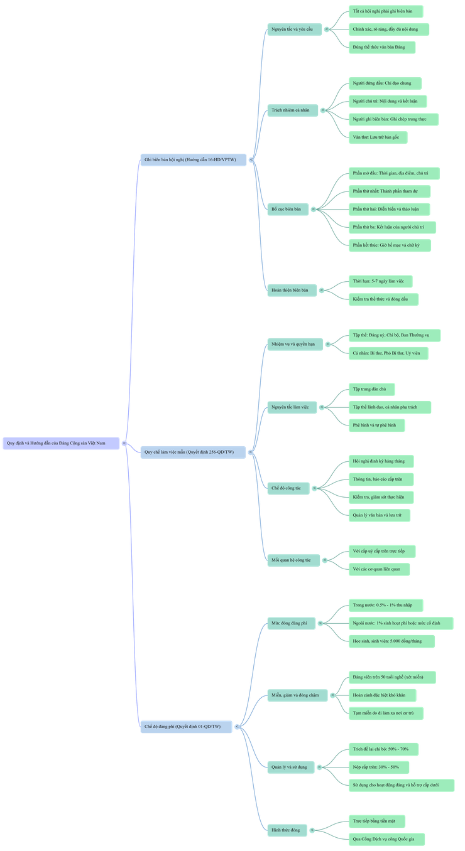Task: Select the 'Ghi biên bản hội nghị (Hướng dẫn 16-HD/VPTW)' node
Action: pyautogui.click(x=193, y=160)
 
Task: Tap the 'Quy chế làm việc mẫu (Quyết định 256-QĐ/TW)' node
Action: pyautogui.click(x=193, y=452)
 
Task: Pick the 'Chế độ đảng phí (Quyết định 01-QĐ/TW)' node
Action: pyautogui.click(x=186, y=727)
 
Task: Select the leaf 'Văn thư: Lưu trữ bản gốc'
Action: pyautogui.click(x=380, y=136)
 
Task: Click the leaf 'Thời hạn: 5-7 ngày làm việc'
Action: pyautogui.click(x=381, y=282)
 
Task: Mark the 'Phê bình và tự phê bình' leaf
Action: pyautogui.click(x=377, y=425)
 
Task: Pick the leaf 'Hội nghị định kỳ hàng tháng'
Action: pyautogui.click(x=381, y=461)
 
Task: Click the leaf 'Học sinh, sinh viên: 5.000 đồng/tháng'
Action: pyautogui.click(x=392, y=641)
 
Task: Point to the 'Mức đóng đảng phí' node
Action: pyautogui.click(x=291, y=623)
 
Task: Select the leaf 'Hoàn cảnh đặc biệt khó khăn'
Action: pyautogui.click(x=383, y=695)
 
